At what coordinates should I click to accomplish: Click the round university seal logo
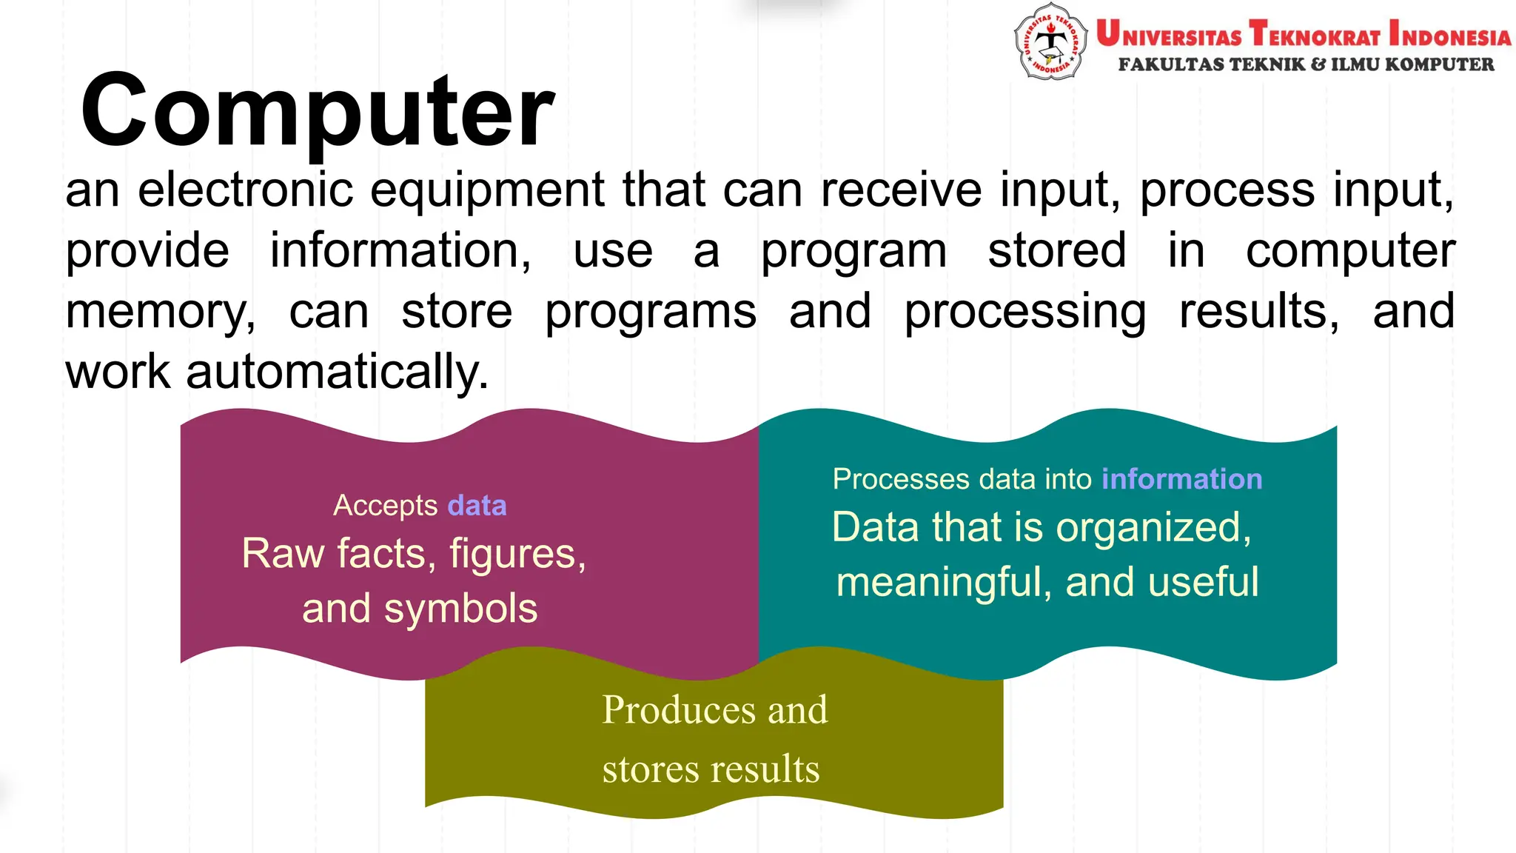coord(1050,41)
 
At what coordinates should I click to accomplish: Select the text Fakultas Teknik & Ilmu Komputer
coord(1306,65)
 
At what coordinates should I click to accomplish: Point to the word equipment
coord(487,191)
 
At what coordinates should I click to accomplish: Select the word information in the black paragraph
coord(400,251)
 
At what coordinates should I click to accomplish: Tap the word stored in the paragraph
coord(1057,250)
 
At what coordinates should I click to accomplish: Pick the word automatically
coord(337,372)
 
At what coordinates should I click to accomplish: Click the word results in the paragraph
coord(1258,311)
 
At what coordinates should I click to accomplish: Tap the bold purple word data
coord(477,506)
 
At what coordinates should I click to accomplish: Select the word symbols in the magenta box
coord(460,609)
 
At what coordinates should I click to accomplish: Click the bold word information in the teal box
coord(1181,479)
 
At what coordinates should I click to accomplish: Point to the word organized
coord(1153,528)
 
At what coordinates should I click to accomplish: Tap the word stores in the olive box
coord(650,769)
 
